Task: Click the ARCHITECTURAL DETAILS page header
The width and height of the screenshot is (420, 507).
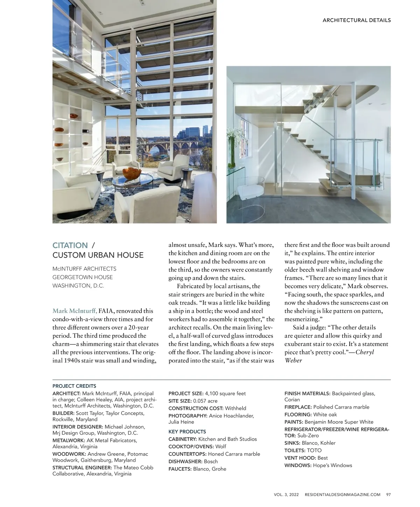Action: [356, 20]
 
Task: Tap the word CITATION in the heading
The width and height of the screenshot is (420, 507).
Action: [70, 245]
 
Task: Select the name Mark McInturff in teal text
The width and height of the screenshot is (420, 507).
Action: [75, 311]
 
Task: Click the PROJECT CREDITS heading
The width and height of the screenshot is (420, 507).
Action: [74, 386]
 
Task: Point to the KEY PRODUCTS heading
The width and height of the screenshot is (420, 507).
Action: [187, 431]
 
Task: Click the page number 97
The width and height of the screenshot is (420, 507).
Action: [388, 494]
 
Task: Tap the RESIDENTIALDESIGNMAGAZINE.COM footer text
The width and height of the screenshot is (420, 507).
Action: [342, 494]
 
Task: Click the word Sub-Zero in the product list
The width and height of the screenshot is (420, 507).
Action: [308, 436]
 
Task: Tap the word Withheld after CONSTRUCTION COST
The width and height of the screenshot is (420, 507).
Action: [236, 408]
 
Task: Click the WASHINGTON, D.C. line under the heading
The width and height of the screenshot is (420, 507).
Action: [78, 286]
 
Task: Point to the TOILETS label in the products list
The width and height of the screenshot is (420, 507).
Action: [295, 450]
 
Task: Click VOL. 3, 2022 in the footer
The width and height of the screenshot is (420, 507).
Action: [286, 494]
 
